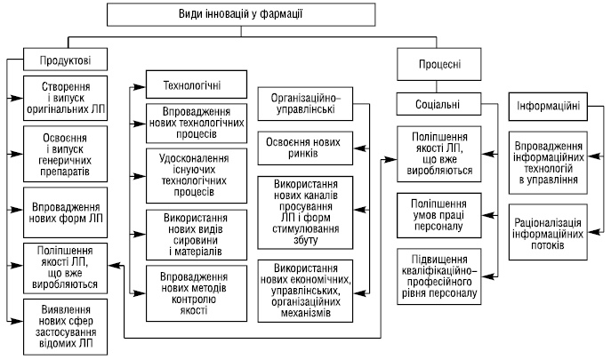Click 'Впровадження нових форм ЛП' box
click(64, 212)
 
